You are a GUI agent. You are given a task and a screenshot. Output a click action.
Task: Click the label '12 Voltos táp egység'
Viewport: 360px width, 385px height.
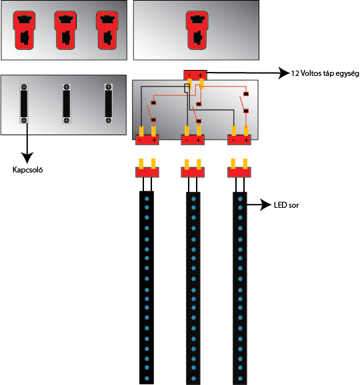tap(325, 73)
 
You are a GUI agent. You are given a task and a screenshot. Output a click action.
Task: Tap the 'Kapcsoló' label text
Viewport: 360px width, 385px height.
tap(27, 170)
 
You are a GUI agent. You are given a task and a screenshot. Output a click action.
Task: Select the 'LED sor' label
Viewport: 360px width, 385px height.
tap(286, 205)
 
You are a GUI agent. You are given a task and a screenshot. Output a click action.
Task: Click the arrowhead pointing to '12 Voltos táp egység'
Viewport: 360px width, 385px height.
tap(284, 73)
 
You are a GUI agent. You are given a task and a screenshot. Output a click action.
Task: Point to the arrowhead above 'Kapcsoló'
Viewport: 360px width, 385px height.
tap(27, 158)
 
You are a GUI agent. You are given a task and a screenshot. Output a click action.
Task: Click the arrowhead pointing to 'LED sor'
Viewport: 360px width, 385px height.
tap(266, 204)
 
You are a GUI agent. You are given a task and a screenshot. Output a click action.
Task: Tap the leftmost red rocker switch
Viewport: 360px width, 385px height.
tap(24, 30)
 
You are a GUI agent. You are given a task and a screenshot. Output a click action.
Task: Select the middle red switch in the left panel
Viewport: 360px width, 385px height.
tap(65, 30)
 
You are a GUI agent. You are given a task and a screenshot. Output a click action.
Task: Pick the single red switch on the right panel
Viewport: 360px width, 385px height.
tap(197, 30)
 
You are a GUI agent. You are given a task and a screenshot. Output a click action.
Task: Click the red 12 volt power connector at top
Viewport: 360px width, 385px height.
tap(195, 75)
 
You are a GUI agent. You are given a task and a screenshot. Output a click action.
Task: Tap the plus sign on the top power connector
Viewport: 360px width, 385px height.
tap(200, 75)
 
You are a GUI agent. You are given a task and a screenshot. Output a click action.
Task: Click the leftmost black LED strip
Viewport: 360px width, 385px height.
tap(147, 288)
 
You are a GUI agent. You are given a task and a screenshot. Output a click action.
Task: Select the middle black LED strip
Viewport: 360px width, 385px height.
tap(193, 288)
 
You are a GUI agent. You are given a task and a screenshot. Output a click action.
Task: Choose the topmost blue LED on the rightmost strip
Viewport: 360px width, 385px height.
tap(240, 198)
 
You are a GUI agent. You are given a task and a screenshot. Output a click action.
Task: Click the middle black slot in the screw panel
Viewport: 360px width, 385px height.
tap(67, 103)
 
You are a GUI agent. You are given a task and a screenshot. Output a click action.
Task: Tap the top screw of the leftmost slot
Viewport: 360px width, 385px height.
tap(24, 87)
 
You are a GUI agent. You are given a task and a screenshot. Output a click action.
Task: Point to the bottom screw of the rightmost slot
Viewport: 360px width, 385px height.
tap(109, 121)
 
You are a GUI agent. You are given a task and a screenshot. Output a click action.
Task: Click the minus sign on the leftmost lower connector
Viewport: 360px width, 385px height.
tap(140, 140)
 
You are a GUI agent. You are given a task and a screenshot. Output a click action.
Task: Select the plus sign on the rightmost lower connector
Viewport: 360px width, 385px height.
tap(246, 140)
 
